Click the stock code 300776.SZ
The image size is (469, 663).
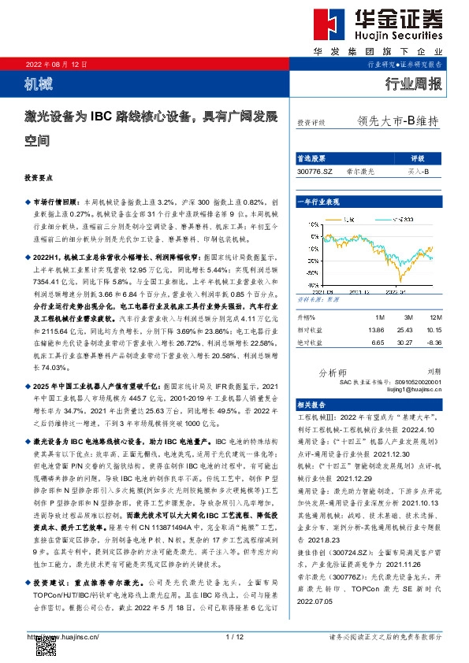click(x=315, y=169)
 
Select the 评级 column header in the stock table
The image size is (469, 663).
click(x=418, y=157)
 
